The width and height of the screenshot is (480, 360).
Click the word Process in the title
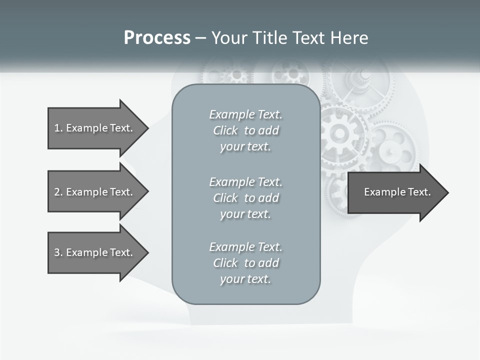point(157,38)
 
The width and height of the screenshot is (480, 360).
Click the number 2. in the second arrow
point(58,192)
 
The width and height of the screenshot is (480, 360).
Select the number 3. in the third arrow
point(58,252)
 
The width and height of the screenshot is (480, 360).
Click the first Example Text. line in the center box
point(245,114)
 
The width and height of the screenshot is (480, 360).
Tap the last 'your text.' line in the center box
point(245,279)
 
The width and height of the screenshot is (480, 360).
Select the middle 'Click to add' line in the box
point(245,198)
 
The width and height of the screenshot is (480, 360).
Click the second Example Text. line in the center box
point(245,182)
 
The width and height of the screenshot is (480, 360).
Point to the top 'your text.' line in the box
point(245,147)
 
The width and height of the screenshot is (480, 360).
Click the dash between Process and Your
point(200,38)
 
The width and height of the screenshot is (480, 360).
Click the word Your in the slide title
point(229,38)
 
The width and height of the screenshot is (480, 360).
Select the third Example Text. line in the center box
point(245,247)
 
